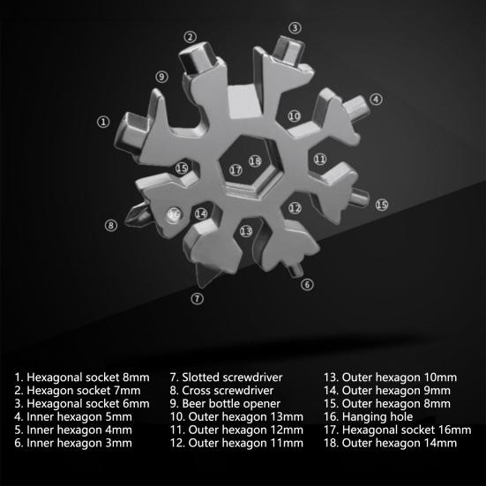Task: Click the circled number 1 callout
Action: (x=103, y=122)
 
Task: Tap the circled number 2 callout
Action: (x=190, y=36)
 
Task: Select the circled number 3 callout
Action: (x=295, y=28)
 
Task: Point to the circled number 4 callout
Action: (x=376, y=100)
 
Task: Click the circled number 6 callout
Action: (x=307, y=284)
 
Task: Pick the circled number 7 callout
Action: (x=198, y=298)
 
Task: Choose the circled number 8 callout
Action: (x=111, y=225)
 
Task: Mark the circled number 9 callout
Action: (x=161, y=77)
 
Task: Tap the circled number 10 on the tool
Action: (x=294, y=116)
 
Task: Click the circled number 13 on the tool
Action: (x=246, y=230)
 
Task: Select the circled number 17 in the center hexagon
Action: (x=236, y=169)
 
